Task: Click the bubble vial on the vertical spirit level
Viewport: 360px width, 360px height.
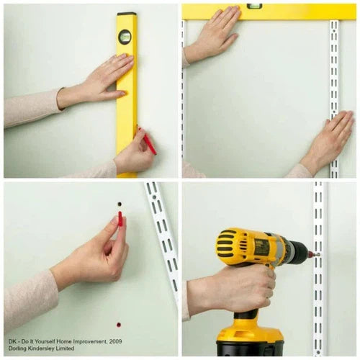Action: click(x=125, y=37)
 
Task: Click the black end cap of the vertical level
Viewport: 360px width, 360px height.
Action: click(x=127, y=14)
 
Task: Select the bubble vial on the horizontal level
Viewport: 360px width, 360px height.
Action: click(x=254, y=6)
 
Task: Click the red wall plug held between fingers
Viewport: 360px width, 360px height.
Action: click(x=120, y=219)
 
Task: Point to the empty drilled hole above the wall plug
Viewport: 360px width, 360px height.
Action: click(x=120, y=204)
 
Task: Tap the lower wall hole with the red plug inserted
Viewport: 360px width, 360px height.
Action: click(x=119, y=325)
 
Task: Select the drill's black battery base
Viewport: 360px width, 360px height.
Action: click(x=250, y=350)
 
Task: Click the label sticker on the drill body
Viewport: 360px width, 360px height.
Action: click(x=261, y=246)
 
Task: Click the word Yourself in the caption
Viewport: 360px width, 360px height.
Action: click(x=43, y=341)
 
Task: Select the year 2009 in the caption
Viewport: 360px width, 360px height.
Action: click(x=115, y=341)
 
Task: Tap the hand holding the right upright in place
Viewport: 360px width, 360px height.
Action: click(x=329, y=142)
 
